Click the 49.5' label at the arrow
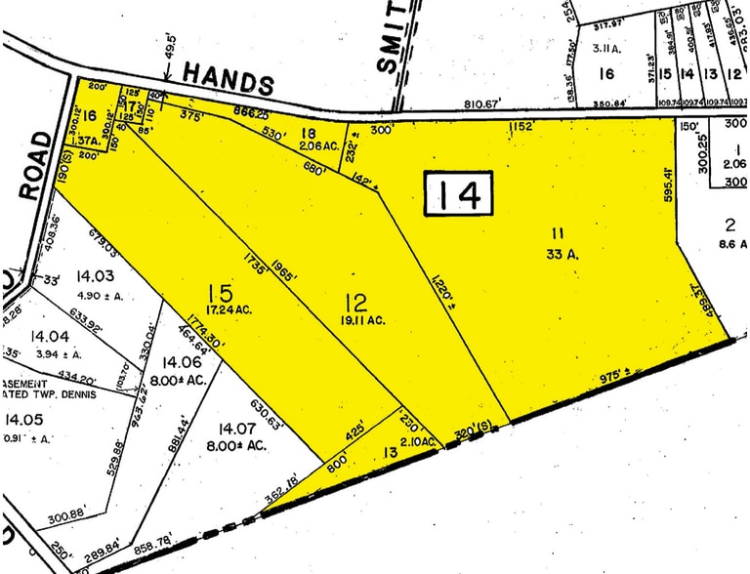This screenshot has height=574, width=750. [x=172, y=43]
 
